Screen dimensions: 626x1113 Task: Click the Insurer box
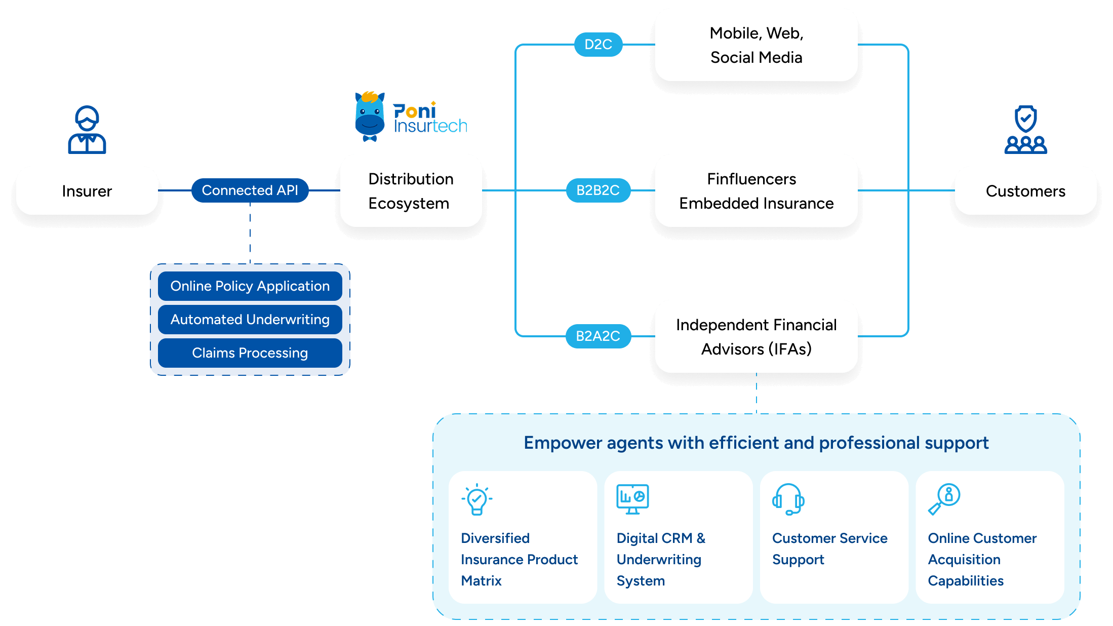tap(87, 191)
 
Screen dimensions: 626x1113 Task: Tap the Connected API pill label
tap(250, 190)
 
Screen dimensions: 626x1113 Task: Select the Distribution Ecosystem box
tap(411, 191)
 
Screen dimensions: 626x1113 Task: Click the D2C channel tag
tap(598, 45)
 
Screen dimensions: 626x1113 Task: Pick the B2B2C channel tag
tap(598, 190)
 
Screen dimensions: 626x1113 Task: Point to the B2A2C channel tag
tap(598, 336)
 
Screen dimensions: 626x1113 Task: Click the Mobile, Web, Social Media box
tap(756, 45)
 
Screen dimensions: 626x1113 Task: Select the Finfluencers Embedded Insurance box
tap(756, 191)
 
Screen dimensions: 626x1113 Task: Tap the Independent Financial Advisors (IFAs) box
tap(756, 337)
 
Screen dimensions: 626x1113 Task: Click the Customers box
tap(1025, 191)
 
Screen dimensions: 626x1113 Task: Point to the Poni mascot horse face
tap(370, 116)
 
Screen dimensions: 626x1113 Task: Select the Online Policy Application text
tap(250, 286)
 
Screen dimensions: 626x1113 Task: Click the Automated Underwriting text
tap(250, 320)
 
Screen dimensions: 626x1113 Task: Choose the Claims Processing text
tap(250, 353)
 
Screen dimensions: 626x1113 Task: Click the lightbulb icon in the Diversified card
tap(476, 499)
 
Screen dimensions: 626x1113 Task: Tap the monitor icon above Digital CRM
tap(632, 499)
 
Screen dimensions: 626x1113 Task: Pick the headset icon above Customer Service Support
tap(788, 499)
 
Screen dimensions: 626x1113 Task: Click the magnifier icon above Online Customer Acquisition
tap(944, 499)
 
